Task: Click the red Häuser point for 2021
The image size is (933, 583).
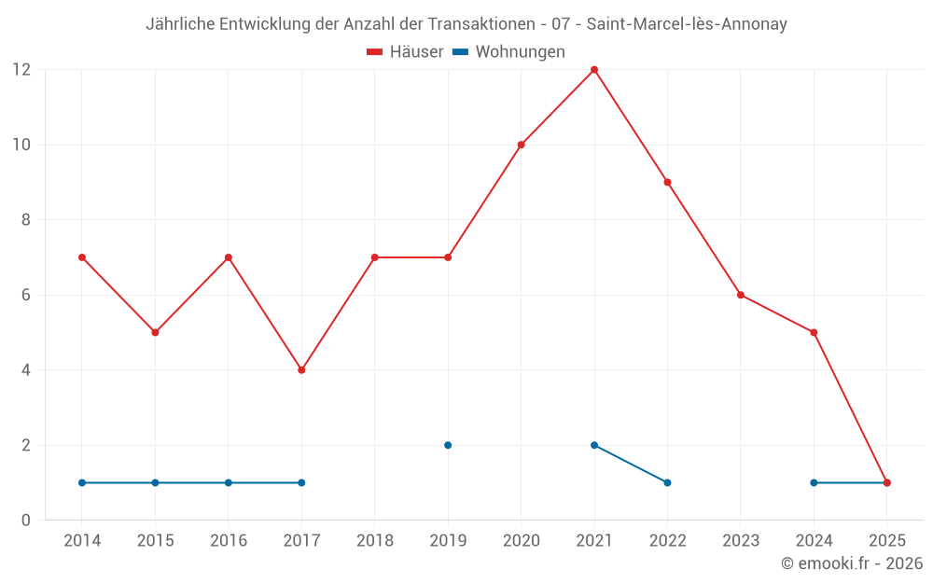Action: [594, 70]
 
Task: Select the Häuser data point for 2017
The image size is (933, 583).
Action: [301, 370]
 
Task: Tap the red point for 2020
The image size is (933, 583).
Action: [521, 145]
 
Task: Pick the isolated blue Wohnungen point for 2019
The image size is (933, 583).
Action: [448, 445]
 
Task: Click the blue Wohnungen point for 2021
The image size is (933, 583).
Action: [594, 445]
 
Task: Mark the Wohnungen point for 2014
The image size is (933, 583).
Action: [82, 482]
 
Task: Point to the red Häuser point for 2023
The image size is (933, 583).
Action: [741, 295]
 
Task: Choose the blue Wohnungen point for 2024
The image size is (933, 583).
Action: [814, 482]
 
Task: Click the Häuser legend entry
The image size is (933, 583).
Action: [405, 52]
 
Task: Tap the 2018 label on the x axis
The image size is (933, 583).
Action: [374, 541]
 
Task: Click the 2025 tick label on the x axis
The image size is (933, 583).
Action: [886, 541]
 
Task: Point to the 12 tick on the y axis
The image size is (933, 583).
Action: [21, 70]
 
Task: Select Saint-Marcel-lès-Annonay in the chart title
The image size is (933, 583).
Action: [687, 24]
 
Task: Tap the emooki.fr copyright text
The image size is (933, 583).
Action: [852, 563]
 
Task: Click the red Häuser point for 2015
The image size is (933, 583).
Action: [155, 332]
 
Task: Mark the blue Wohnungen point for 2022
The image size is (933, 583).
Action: [667, 482]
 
